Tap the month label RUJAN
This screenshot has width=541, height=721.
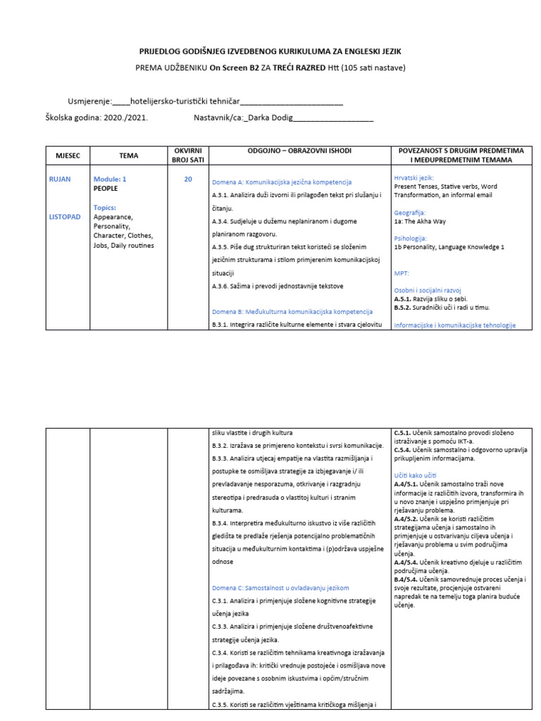[x=60, y=180]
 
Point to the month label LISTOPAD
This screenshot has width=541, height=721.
[x=66, y=217]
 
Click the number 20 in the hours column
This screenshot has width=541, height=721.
[x=187, y=180]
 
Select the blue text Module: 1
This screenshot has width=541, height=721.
[x=110, y=180]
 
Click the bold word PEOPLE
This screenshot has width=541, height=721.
[x=106, y=189]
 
